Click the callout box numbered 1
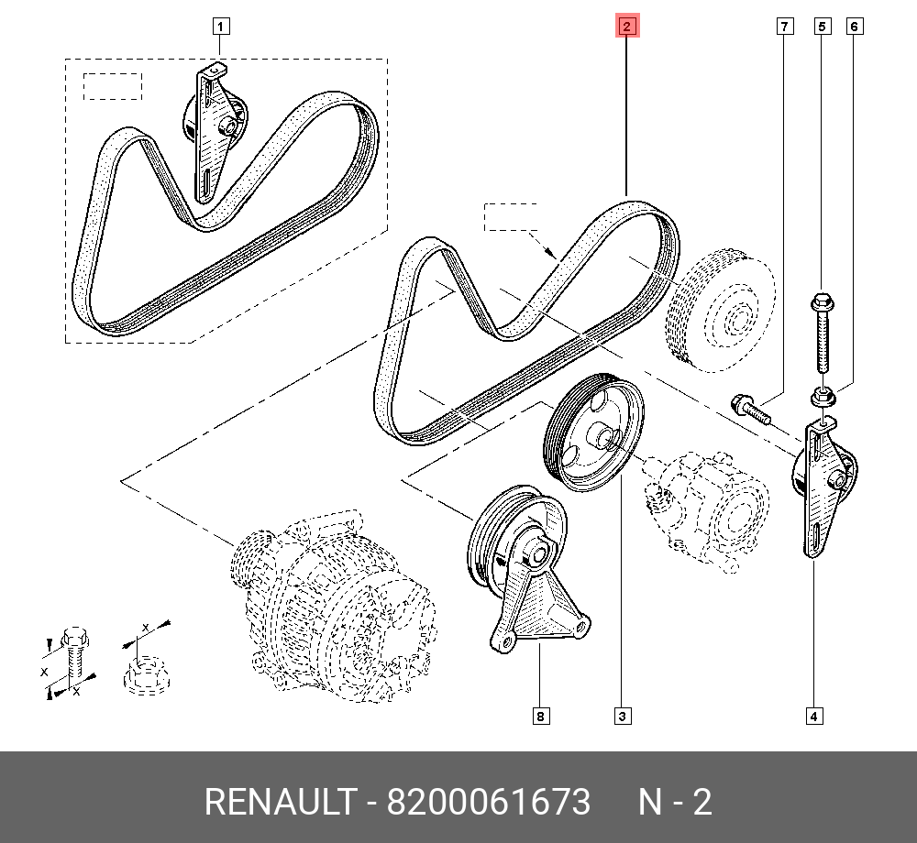(x=221, y=26)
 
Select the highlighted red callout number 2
(x=626, y=27)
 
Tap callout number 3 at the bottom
(x=622, y=716)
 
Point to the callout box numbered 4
(x=813, y=716)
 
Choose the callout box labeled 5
(x=822, y=27)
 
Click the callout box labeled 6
(x=854, y=27)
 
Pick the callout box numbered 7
(x=785, y=27)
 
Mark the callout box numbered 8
(x=541, y=716)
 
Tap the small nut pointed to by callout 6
(x=823, y=398)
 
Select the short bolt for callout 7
(x=749, y=409)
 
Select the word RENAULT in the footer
(x=279, y=802)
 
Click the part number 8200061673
(x=489, y=802)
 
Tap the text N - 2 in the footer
(x=675, y=802)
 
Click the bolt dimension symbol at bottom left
(x=71, y=655)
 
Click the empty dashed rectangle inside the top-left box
(x=114, y=86)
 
